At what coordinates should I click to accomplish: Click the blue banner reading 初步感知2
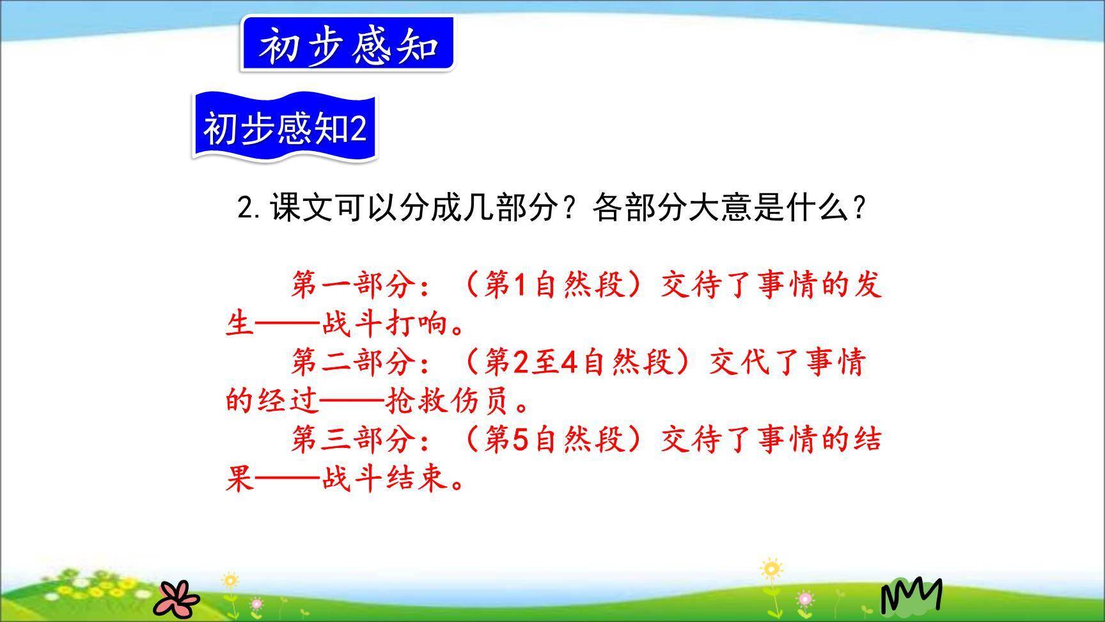[x=285, y=127]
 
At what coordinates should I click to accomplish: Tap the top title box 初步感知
[x=347, y=45]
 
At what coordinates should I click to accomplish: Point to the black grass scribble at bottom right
[x=911, y=595]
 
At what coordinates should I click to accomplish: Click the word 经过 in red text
[x=288, y=401]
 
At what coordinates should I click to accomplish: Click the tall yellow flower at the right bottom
[x=771, y=570]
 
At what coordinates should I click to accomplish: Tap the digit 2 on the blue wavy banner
[x=357, y=128]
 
